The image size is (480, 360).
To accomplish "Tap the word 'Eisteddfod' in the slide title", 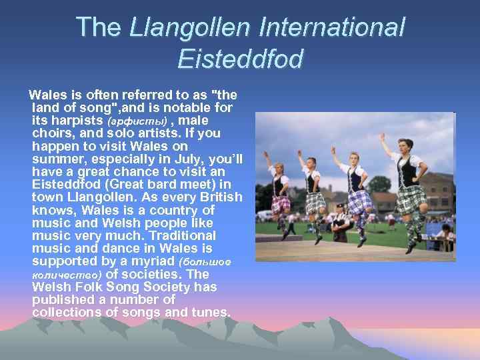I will tap(240, 59).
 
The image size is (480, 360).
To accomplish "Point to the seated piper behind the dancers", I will tap(341, 223).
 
